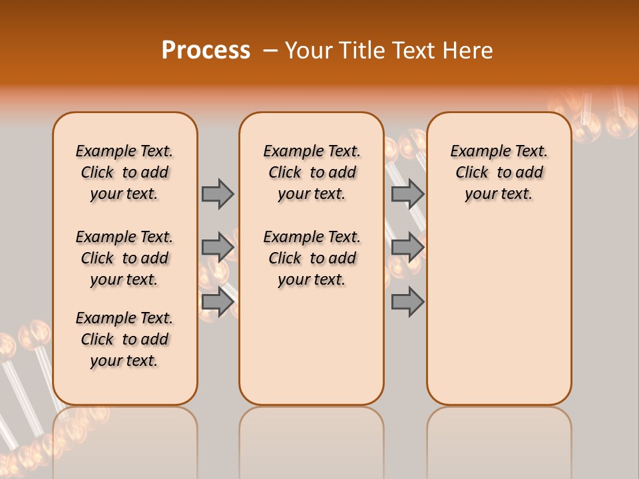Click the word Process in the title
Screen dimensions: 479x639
click(x=206, y=51)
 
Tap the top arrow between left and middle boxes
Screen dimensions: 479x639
click(x=218, y=194)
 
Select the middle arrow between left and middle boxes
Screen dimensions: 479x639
click(x=218, y=247)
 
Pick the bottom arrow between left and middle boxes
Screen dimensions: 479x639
click(x=218, y=301)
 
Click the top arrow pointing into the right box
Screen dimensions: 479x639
click(x=408, y=194)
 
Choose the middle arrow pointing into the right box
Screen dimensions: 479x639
click(x=408, y=247)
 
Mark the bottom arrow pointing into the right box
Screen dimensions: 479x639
click(x=408, y=301)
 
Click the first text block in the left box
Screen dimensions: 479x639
click(x=124, y=172)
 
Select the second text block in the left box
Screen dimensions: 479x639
click(x=124, y=258)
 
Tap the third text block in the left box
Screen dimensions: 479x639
click(x=124, y=339)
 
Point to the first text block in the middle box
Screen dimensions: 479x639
click(x=312, y=172)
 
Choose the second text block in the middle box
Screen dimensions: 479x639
click(x=312, y=258)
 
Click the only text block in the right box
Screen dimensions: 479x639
click(x=499, y=172)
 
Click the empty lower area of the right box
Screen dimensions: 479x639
click(x=499, y=313)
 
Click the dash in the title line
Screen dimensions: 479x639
click(x=270, y=51)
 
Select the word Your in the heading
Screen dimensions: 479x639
click(x=309, y=51)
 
